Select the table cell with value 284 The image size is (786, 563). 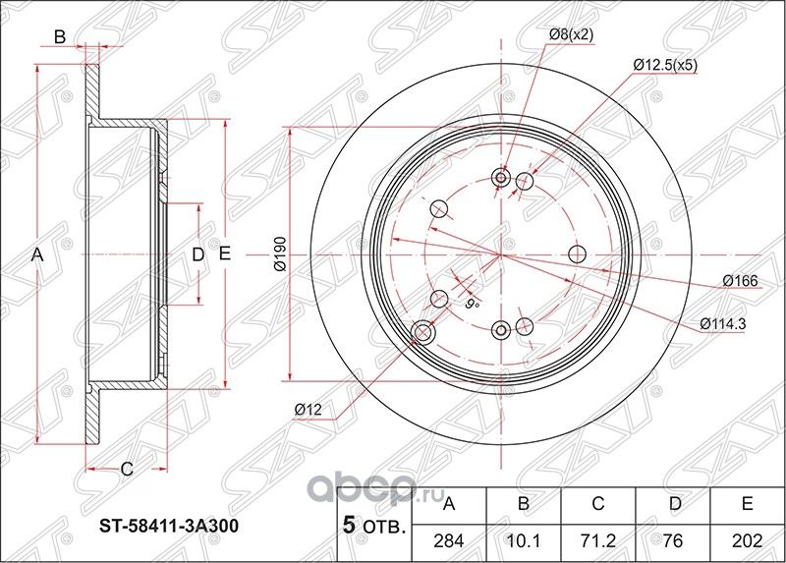click(x=450, y=538)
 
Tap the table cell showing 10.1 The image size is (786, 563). click(x=524, y=538)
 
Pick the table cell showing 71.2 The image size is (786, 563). click(x=598, y=538)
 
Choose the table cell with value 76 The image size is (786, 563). click(x=673, y=538)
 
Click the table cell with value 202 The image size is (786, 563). click(x=747, y=538)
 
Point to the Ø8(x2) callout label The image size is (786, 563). click(x=571, y=34)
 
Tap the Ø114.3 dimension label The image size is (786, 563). click(x=728, y=323)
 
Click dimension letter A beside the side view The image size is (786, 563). click(x=37, y=254)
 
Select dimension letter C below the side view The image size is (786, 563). click(x=126, y=469)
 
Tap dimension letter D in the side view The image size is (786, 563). click(x=196, y=254)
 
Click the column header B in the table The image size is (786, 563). click(x=524, y=505)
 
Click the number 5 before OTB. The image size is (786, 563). click(x=347, y=525)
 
